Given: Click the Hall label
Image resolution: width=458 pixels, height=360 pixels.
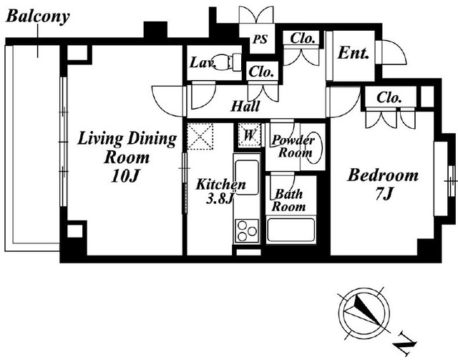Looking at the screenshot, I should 245,107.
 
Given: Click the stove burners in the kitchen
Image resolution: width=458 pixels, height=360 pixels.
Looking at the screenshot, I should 247,232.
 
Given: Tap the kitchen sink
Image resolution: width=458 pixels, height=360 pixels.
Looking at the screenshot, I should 247,176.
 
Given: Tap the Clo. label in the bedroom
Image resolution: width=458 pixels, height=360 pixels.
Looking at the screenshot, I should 389,97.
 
